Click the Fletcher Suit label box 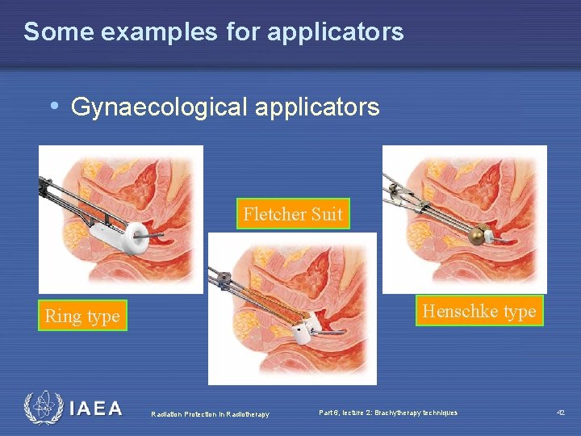click(293, 214)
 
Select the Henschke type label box click(479, 311)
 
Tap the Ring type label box click(82, 316)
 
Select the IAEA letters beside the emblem click(95, 409)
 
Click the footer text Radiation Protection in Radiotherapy click(210, 415)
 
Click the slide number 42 click(560, 413)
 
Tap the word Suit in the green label click(327, 214)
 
